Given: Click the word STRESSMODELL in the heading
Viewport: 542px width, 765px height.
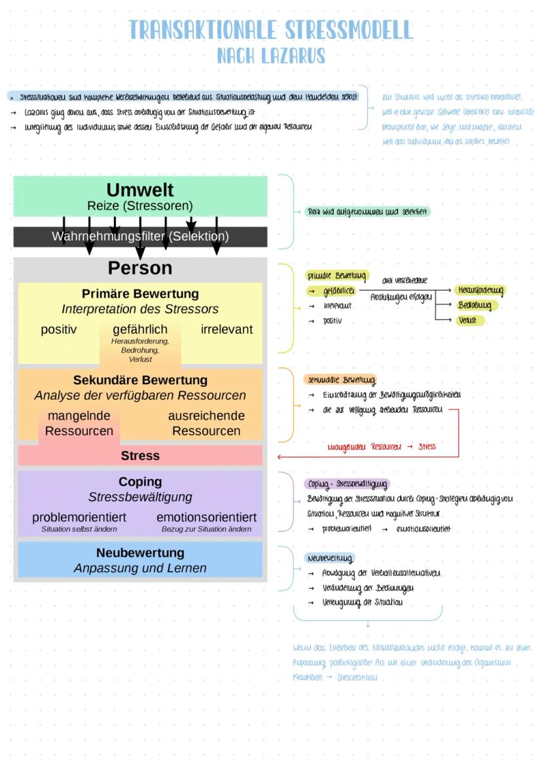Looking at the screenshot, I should click(x=343, y=30).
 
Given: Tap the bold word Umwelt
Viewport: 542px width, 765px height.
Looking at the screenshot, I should click(x=140, y=190).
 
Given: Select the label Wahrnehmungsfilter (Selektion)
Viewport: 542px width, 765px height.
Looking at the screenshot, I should click(x=140, y=236).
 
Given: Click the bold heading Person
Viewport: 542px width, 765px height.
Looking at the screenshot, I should click(x=140, y=268).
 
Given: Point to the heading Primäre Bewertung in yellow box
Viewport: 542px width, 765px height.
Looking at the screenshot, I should click(x=140, y=294).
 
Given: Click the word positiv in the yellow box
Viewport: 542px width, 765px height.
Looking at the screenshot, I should click(x=59, y=329).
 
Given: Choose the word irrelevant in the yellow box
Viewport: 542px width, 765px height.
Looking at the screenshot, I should click(x=226, y=329).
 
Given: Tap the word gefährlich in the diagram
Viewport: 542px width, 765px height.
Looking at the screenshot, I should click(x=140, y=329).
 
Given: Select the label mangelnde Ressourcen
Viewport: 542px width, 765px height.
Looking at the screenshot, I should click(x=79, y=423).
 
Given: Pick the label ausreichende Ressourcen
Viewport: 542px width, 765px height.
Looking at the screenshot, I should click(x=206, y=423).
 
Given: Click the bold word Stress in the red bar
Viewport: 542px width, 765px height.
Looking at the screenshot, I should click(x=140, y=455).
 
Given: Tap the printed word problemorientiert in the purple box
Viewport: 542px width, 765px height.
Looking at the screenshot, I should click(x=79, y=517).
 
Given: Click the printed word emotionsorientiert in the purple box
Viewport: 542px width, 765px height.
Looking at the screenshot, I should click(x=206, y=517).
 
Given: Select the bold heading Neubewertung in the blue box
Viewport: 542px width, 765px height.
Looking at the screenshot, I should click(x=140, y=553).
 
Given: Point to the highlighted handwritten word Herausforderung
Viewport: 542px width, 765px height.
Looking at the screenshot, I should click(x=480, y=290).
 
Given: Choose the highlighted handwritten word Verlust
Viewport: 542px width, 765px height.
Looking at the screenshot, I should click(x=467, y=321).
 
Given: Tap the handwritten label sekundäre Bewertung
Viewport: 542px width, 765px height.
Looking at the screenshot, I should click(x=340, y=380).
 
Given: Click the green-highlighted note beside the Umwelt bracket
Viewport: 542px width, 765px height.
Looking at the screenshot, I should click(x=368, y=212).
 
